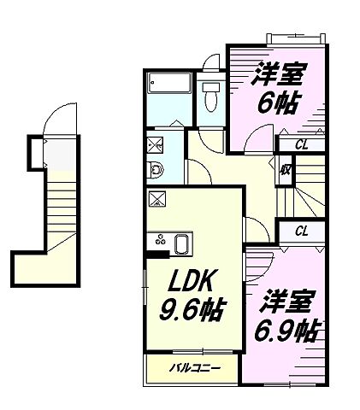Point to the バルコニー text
point(194,368)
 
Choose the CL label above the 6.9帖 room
point(301,231)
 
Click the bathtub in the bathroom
point(168,85)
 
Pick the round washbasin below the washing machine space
point(154,168)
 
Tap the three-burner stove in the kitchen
point(157,243)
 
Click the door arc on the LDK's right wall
point(253,228)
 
